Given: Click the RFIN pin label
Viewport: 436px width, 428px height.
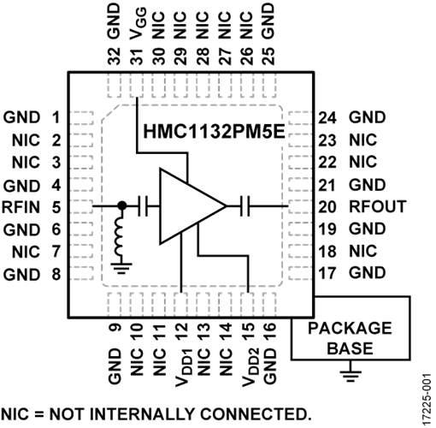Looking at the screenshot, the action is click(21, 207).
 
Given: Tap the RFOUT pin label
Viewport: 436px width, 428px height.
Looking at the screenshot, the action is click(378, 206).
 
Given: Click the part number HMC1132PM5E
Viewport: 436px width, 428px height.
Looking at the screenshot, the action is click(214, 132).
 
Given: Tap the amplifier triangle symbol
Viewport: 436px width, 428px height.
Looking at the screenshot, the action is click(193, 206).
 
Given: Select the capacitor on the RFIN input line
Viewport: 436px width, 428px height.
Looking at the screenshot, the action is click(143, 205).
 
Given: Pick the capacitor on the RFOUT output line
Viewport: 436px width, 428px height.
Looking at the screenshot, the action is click(245, 205).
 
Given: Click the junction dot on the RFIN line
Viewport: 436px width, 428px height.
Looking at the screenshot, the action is click(122, 205).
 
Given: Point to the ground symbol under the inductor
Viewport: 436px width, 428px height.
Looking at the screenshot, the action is click(122, 268).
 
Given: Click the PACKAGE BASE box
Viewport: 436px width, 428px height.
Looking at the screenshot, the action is click(351, 328).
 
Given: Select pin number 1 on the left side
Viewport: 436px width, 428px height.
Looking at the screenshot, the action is click(56, 117).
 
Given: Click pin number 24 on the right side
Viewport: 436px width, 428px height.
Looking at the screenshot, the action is click(327, 117).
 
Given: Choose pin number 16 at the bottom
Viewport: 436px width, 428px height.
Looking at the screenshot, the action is click(269, 331).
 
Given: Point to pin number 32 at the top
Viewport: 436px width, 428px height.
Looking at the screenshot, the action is click(114, 56).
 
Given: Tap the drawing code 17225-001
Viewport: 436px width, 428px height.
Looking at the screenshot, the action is click(427, 399).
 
